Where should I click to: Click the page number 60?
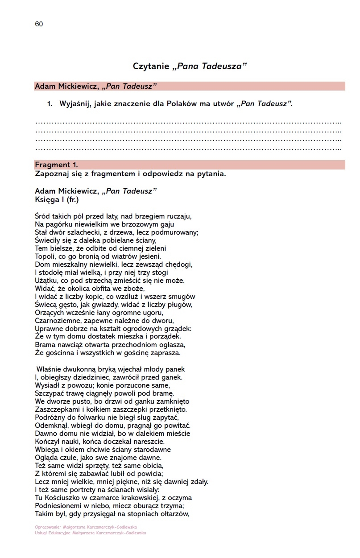(39, 24)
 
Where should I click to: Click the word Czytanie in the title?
(151, 66)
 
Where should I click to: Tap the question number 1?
(50, 104)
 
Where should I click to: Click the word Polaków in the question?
(194, 104)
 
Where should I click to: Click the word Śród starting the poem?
(43, 216)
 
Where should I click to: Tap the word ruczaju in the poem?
(178, 216)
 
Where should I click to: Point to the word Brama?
(45, 345)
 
